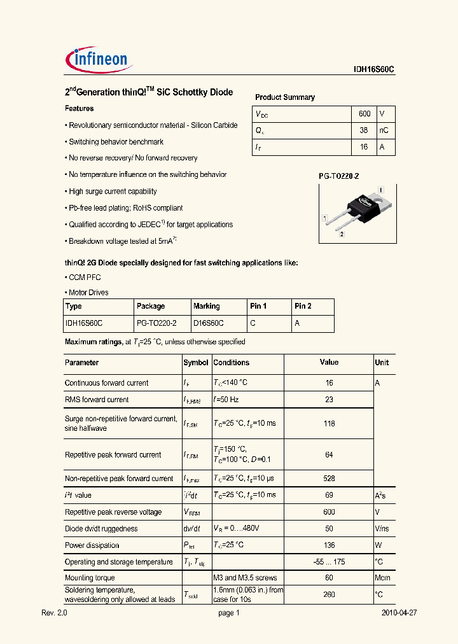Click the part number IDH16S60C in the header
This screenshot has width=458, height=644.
375,71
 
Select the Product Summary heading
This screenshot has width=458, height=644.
284,97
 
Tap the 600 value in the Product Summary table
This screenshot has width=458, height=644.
364,113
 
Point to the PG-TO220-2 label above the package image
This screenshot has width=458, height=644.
338,176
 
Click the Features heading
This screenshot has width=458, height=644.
79,109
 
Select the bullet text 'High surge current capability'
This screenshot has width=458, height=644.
113,192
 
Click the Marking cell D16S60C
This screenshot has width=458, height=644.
208,323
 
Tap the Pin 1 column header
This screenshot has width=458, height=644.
258,306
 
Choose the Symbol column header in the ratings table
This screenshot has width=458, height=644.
196,363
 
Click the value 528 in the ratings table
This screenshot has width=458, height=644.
329,479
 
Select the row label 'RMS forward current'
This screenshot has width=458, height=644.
97,400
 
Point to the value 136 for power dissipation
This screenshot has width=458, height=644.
329,545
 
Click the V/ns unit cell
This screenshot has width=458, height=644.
382,529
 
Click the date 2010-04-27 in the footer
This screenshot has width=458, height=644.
399,613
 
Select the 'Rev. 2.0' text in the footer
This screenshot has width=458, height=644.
54,613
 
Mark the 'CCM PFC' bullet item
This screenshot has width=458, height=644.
85,277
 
